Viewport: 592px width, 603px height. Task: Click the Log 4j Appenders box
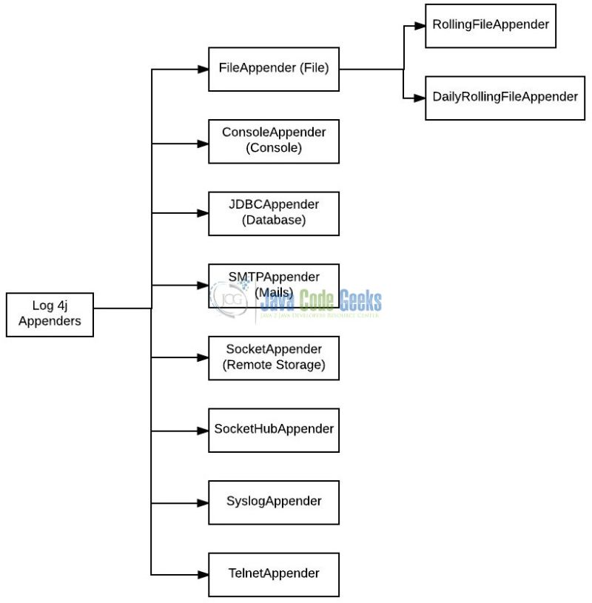(x=50, y=314)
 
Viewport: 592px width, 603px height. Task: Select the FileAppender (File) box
(x=274, y=69)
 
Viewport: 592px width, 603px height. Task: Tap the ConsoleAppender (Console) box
(x=274, y=141)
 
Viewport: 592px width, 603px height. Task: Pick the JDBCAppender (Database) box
(x=274, y=213)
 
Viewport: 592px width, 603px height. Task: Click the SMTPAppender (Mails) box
(x=274, y=286)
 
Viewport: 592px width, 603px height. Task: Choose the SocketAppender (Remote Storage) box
(x=274, y=358)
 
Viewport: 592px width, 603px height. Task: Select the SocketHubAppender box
(x=274, y=430)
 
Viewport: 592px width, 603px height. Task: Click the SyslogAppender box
(x=274, y=502)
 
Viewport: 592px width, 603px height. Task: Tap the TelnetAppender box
(x=274, y=574)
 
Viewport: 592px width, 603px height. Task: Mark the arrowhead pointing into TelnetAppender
(x=203, y=574)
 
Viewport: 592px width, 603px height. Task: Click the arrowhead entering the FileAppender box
(x=203, y=69)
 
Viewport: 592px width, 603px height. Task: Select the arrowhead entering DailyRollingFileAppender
(x=420, y=98)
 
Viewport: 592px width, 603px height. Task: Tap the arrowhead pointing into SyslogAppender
(x=203, y=502)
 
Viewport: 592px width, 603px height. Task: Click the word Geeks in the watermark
(x=360, y=300)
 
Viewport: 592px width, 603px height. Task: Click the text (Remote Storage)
(x=274, y=365)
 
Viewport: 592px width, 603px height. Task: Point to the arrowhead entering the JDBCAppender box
(x=203, y=213)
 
